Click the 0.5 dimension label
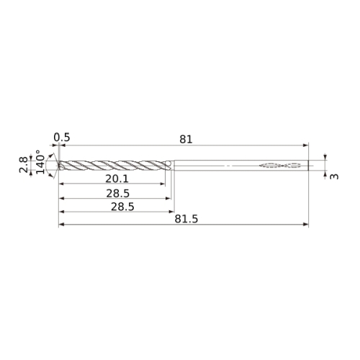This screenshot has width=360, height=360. tap(62, 138)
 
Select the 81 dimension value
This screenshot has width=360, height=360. tap(186, 140)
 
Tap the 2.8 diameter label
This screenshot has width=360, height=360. tap(24, 165)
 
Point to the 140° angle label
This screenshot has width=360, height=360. tap(40, 162)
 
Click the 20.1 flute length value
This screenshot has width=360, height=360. tap(117, 179)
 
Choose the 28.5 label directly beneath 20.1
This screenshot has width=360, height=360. tap(118, 194)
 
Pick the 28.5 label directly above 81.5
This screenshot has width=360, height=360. tap(122, 207)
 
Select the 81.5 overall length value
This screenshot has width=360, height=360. tap(186, 219)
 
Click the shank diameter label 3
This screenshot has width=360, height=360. tap(334, 176)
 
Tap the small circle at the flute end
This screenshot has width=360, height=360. tap(168, 163)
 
